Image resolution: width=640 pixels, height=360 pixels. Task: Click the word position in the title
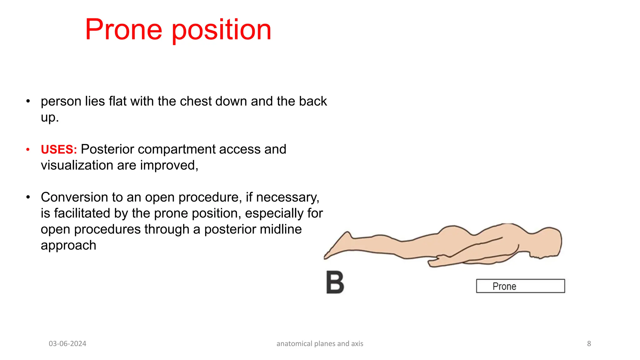coord(222,30)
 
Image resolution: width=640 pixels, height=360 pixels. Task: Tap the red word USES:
coord(59,149)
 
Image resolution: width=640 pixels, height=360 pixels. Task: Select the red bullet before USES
coord(28,150)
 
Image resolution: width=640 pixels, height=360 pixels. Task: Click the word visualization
coord(77,165)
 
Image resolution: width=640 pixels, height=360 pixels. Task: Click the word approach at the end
coord(68,245)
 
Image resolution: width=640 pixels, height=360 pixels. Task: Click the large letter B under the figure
coord(335,282)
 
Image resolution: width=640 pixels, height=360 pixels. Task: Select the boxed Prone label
coord(520,286)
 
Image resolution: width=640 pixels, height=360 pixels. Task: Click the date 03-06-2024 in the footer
coord(67,344)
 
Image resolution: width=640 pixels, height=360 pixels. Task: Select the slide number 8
coord(589,344)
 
